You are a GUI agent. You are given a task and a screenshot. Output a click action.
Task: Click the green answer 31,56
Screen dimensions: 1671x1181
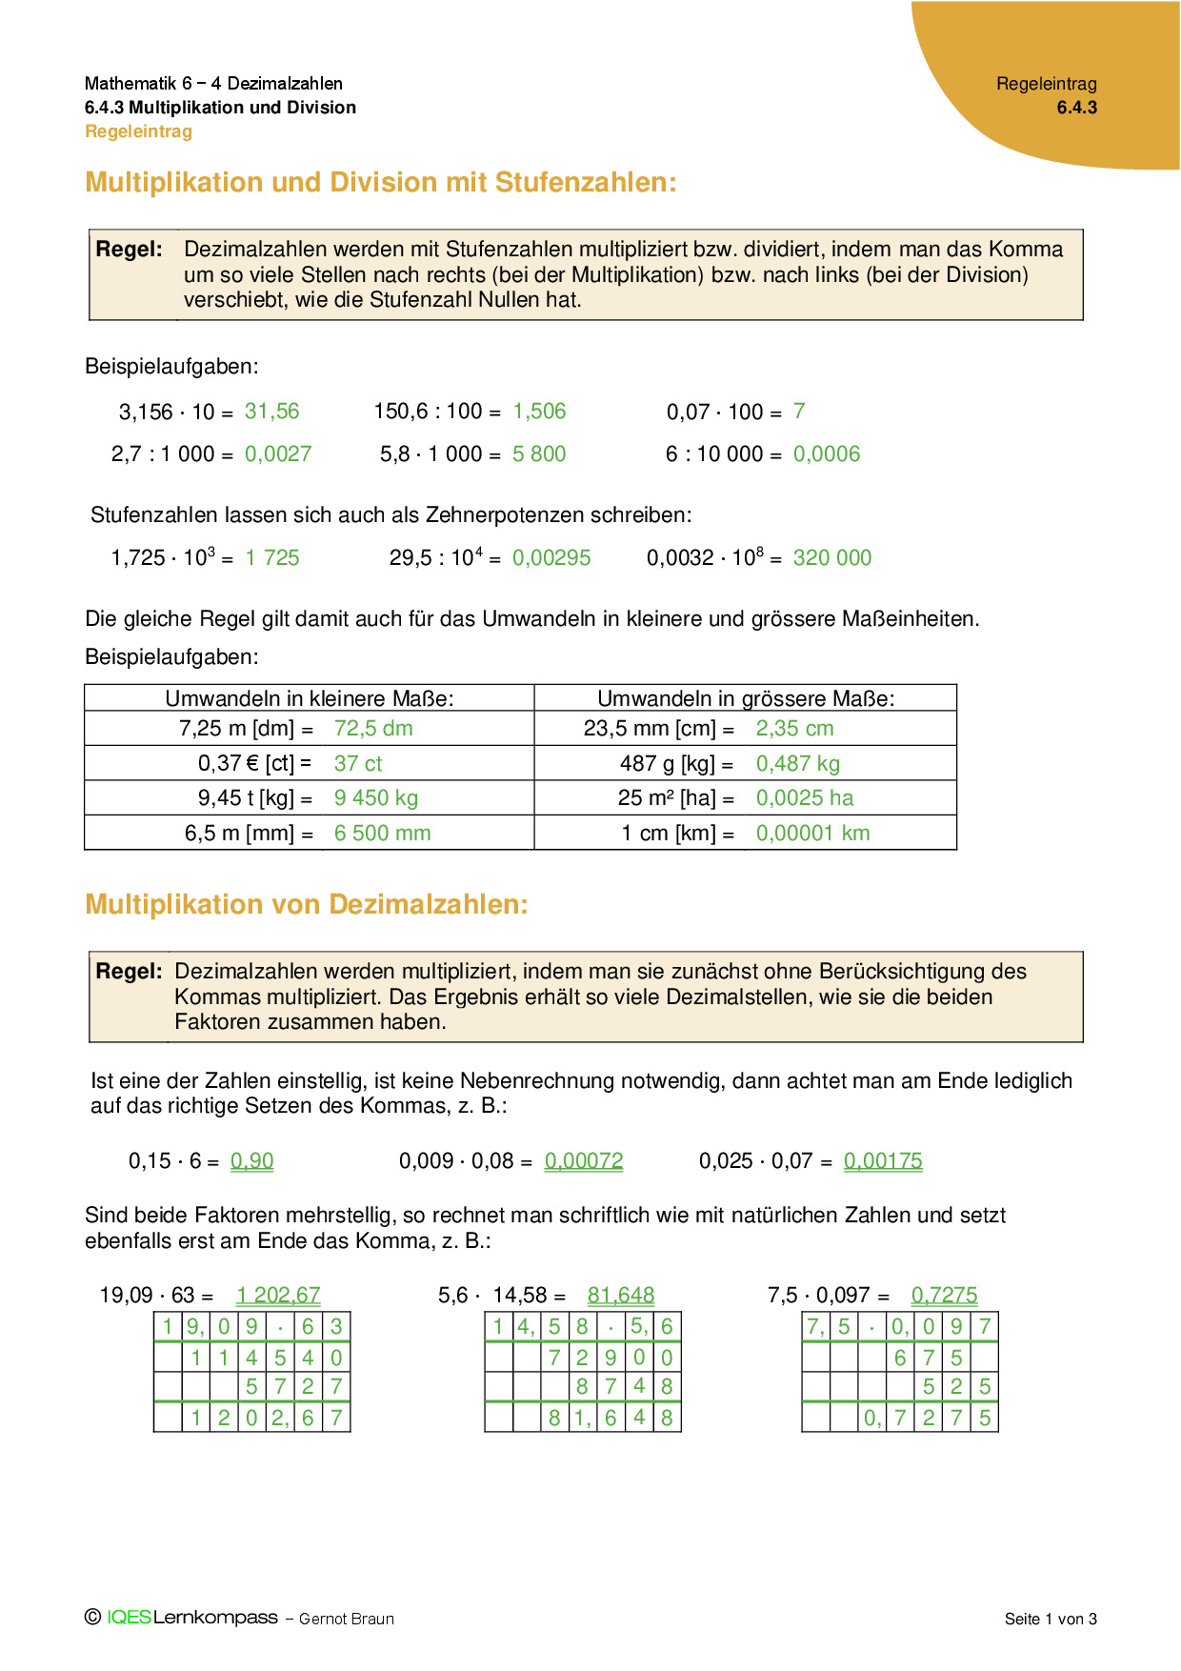[x=271, y=412]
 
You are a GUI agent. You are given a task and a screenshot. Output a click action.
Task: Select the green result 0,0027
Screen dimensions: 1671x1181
[x=278, y=454]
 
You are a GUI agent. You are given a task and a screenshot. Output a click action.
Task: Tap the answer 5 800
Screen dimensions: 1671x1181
[x=539, y=454]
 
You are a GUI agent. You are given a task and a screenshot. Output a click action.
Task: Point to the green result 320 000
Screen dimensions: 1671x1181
[x=832, y=558]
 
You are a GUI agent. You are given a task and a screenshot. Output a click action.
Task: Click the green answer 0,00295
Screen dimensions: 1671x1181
[x=551, y=558]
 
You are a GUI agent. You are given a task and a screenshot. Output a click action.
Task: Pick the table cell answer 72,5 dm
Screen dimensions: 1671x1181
[x=373, y=729]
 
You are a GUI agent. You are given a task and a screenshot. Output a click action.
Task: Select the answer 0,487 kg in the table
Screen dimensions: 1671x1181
[x=798, y=764]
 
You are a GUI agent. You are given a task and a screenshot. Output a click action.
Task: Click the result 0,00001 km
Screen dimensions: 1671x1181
[x=813, y=834]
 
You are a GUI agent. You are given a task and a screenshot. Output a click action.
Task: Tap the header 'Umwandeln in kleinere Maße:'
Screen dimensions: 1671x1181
[x=310, y=698]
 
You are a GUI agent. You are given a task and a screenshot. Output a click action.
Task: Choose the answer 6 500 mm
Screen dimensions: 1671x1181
[x=382, y=834]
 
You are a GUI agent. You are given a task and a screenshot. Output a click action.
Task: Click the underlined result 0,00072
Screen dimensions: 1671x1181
[x=584, y=1161]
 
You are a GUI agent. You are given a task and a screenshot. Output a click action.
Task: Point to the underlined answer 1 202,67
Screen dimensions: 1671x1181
[x=278, y=1296]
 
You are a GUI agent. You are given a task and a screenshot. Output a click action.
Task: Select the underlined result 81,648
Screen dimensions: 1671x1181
[x=621, y=1296]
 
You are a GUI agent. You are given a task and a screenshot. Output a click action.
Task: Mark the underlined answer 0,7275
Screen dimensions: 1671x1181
[x=944, y=1296]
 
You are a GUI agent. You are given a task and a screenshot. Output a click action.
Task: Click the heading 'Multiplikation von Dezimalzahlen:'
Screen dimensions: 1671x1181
[x=307, y=904]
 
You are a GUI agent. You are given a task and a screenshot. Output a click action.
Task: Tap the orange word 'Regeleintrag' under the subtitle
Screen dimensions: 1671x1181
[x=139, y=131]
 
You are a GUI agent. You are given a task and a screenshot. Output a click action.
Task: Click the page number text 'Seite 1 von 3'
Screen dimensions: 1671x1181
[x=1051, y=1619]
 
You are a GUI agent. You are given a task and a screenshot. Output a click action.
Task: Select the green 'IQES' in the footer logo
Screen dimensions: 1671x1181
[x=130, y=1618]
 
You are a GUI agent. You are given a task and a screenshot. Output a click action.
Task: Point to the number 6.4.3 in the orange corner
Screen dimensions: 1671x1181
[x=1076, y=108]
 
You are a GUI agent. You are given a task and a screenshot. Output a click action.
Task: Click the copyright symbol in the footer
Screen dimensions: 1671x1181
[x=92, y=1617]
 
